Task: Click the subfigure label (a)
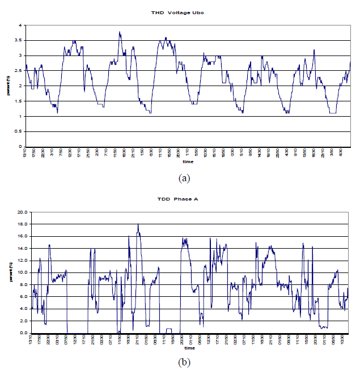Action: pyautogui.click(x=184, y=178)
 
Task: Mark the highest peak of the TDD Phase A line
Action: pyautogui.click(x=138, y=224)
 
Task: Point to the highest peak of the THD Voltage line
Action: pyautogui.click(x=120, y=32)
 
